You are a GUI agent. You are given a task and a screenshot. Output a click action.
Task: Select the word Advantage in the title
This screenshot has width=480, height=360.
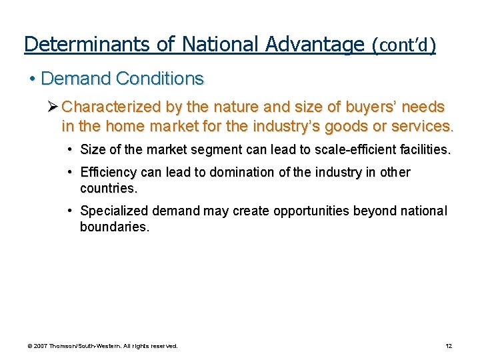pos(314,44)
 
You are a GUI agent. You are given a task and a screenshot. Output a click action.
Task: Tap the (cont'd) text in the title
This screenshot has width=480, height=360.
pos(404,45)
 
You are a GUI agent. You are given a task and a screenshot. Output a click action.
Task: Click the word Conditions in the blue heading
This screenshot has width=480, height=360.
pos(159,79)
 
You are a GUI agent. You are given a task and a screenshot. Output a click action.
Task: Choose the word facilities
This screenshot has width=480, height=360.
pos(427,151)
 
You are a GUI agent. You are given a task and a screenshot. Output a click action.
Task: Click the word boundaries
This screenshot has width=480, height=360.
pos(114,227)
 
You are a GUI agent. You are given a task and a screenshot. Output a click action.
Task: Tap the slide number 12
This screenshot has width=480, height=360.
pos(449,346)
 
